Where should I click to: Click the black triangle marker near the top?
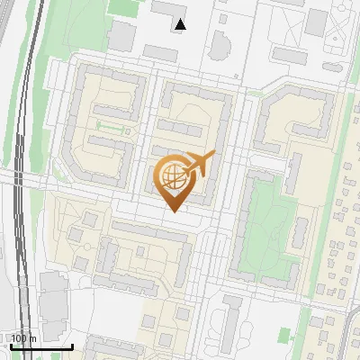click(181, 24)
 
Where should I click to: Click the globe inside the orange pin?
click(172, 176)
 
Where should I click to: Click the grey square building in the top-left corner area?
click(121, 37)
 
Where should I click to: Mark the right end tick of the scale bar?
click(72, 346)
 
